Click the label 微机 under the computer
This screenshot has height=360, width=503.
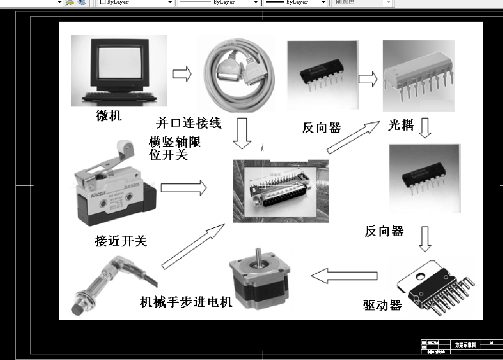(x=108, y=116)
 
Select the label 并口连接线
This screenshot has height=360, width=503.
(x=188, y=123)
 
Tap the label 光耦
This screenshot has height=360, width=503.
(x=401, y=125)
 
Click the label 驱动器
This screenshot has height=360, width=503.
(x=382, y=305)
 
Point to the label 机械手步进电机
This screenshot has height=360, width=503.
(x=186, y=302)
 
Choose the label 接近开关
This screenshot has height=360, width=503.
(x=121, y=241)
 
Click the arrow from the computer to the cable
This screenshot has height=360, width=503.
(x=182, y=74)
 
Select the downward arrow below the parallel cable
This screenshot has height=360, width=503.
(x=242, y=133)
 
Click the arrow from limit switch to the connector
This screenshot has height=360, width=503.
(x=183, y=188)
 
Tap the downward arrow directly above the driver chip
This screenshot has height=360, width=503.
(x=425, y=239)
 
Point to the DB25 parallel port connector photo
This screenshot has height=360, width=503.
(x=280, y=191)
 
